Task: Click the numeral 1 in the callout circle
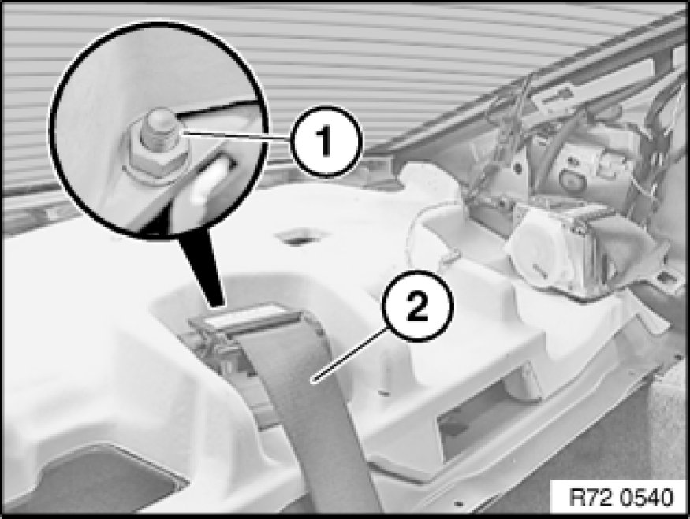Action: [x=325, y=141]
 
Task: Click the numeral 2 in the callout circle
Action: [x=416, y=306]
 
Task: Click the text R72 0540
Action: [x=621, y=498]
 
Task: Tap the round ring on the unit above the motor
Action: [x=569, y=180]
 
